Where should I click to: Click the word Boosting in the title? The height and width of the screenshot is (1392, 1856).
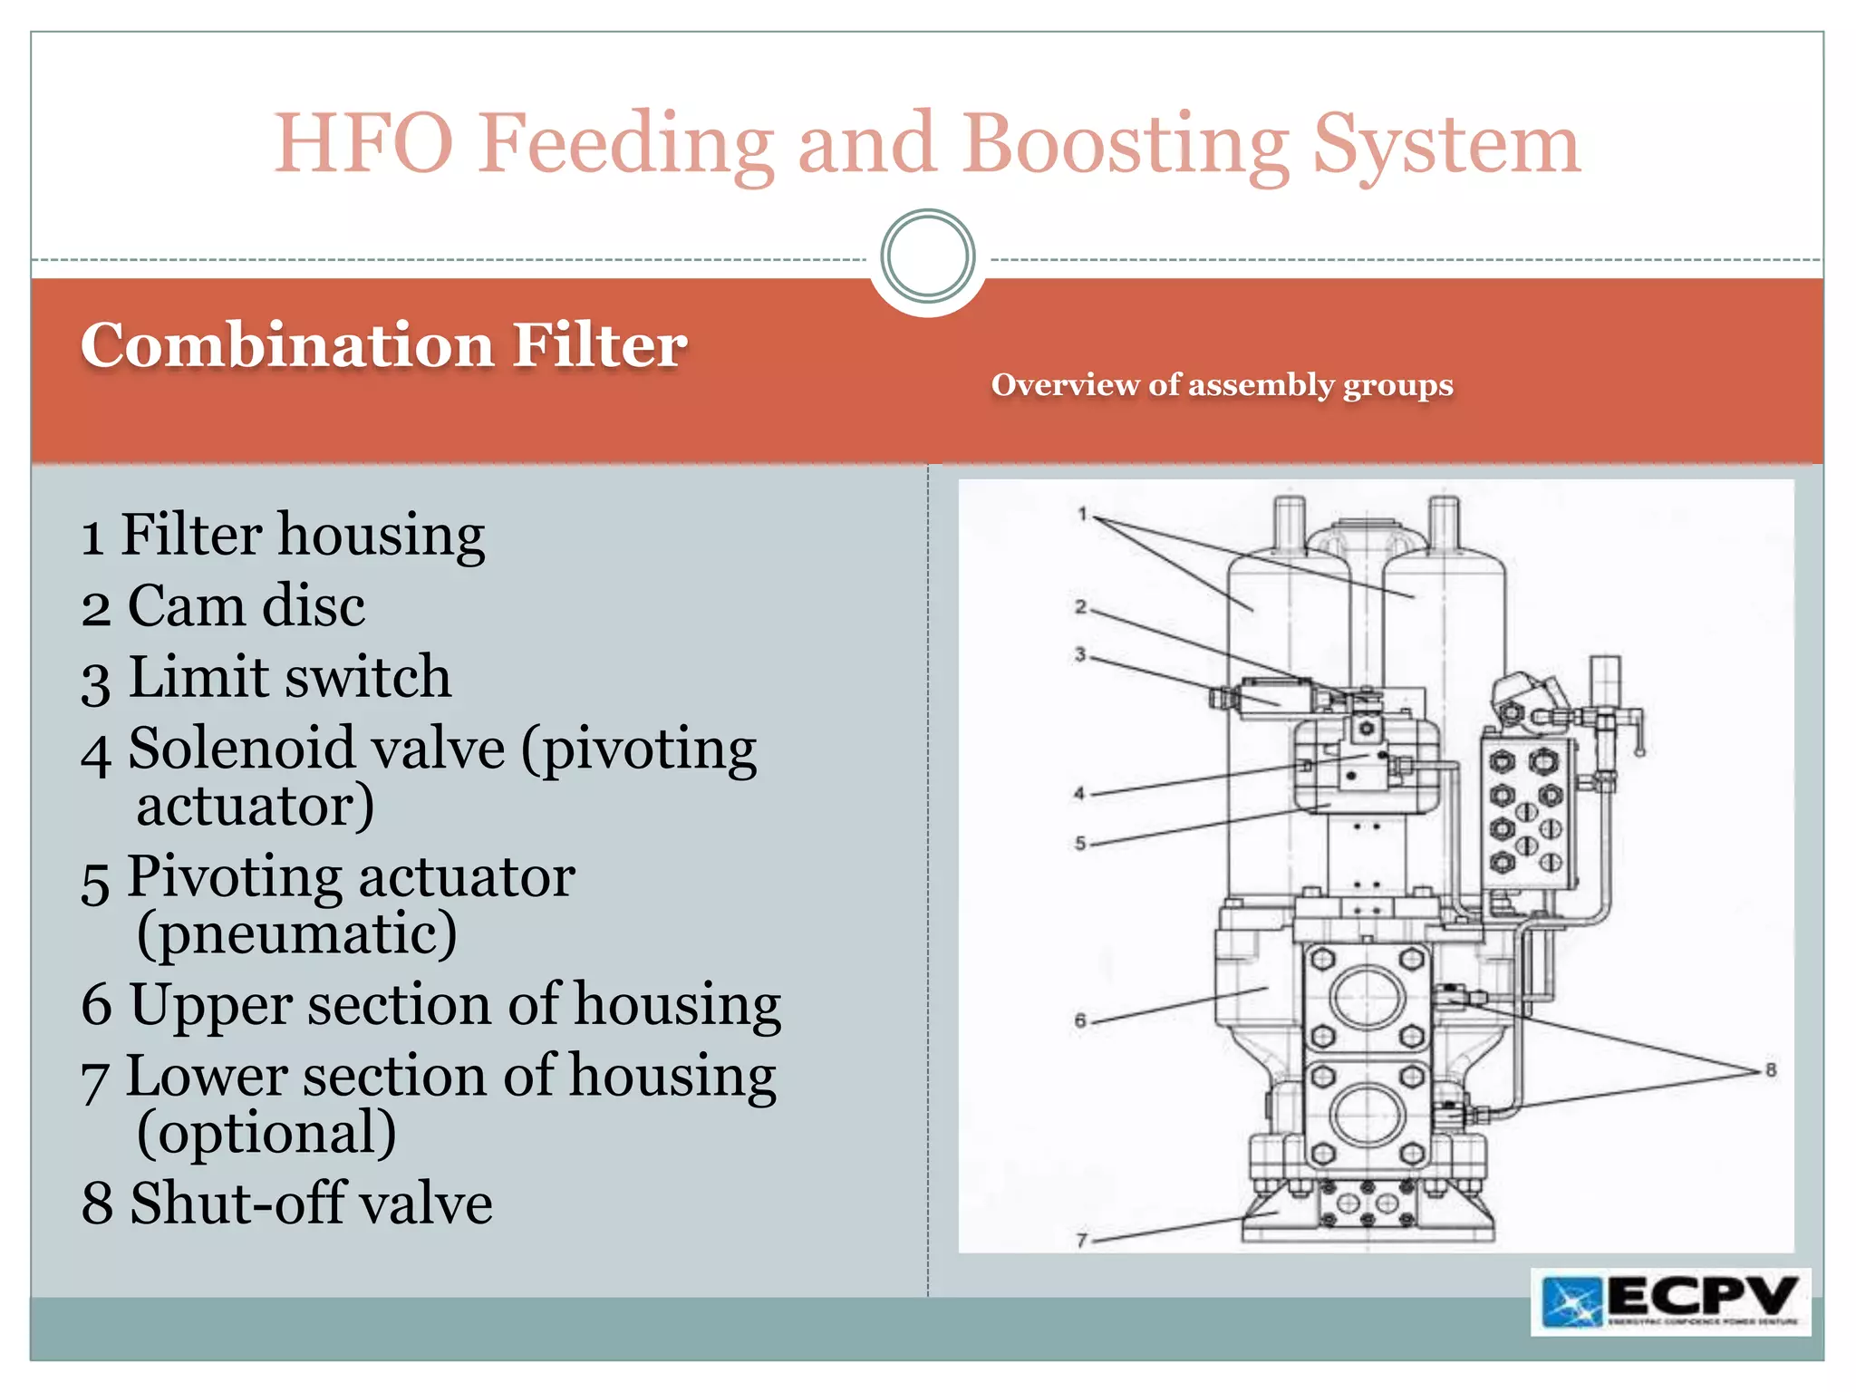point(1125,145)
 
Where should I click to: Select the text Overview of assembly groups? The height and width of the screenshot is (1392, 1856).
point(1222,385)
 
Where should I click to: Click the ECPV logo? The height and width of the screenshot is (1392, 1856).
point(1670,1301)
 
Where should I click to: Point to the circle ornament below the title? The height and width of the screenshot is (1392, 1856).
point(927,256)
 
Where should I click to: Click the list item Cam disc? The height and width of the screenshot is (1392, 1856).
point(223,605)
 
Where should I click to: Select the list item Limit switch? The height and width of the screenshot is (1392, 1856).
point(266,677)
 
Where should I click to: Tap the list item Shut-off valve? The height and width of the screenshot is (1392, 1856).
point(286,1203)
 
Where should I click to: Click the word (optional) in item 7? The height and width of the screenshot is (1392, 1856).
point(266,1132)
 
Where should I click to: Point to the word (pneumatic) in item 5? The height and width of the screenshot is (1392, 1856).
point(296,933)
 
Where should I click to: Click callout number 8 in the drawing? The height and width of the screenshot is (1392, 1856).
point(1770,1070)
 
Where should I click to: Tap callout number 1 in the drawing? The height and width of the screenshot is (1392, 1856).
point(1082,514)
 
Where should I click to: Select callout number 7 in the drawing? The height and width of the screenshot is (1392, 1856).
point(1081,1240)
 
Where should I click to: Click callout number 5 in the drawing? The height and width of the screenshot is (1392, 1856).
point(1080,843)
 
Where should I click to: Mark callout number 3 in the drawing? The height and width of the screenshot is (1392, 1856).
point(1080,653)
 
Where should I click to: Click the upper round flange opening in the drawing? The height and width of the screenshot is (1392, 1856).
point(1368,997)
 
